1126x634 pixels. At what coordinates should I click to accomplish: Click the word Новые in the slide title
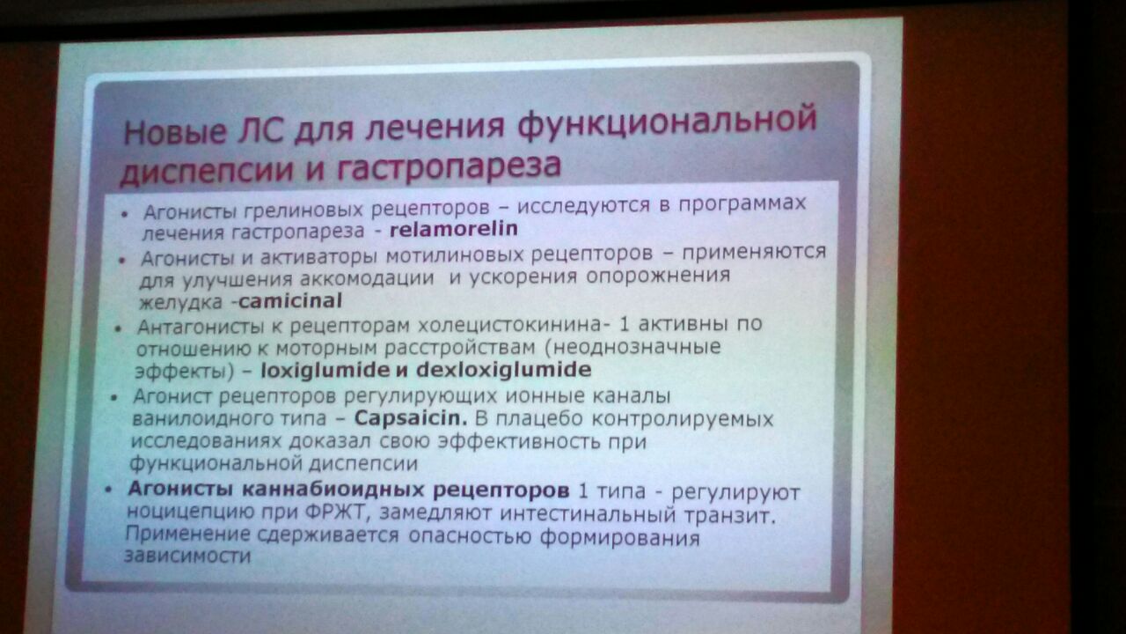click(x=175, y=132)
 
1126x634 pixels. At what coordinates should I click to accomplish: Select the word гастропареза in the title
click(x=449, y=166)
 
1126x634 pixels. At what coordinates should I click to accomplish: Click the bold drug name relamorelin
click(x=453, y=229)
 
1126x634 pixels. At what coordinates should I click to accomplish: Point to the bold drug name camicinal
click(x=290, y=301)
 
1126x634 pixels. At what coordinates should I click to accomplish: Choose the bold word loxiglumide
click(x=325, y=371)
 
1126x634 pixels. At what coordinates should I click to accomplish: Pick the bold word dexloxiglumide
click(x=504, y=370)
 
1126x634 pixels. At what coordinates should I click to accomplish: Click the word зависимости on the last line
click(x=187, y=556)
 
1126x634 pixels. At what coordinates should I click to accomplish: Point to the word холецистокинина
click(x=509, y=325)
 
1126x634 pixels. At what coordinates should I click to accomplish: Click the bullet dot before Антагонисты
click(x=119, y=329)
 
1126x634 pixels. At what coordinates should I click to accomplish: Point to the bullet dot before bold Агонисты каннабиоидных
click(x=108, y=490)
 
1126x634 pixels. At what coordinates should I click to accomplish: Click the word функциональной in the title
click(x=667, y=122)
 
